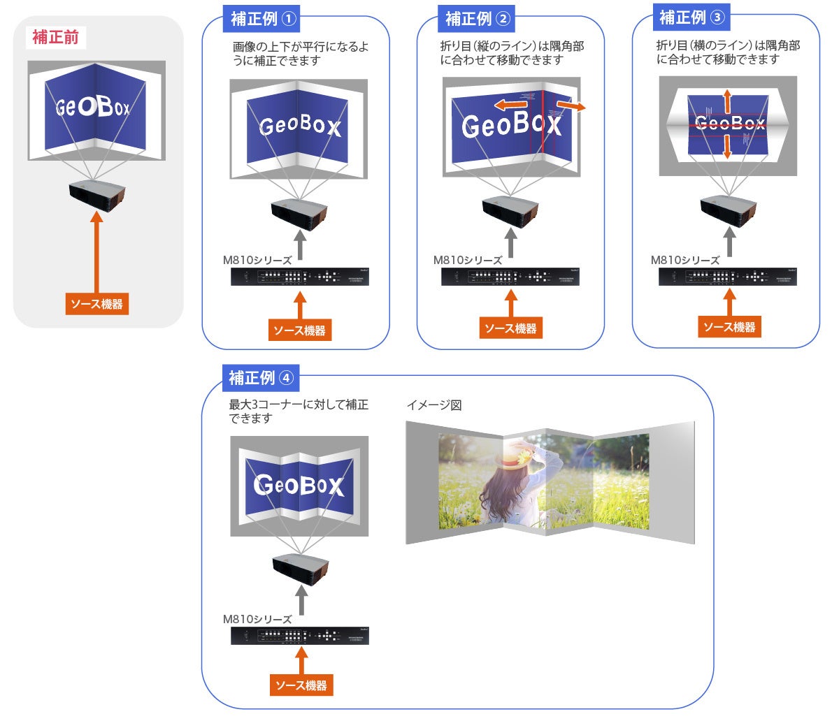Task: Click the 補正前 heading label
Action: tap(56, 38)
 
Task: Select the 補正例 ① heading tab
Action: tap(261, 19)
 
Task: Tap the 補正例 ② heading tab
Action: tap(476, 19)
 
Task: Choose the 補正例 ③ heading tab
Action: tap(691, 17)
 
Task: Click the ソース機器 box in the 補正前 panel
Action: tap(97, 304)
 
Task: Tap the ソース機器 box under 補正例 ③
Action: tap(729, 327)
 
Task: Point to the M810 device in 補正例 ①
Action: tap(299, 277)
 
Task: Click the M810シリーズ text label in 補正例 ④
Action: tap(257, 620)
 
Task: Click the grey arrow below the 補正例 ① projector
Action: tap(299, 246)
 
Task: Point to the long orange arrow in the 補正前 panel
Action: tap(97, 251)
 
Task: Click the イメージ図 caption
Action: tap(433, 405)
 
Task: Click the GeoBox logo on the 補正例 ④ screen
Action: tap(299, 484)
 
